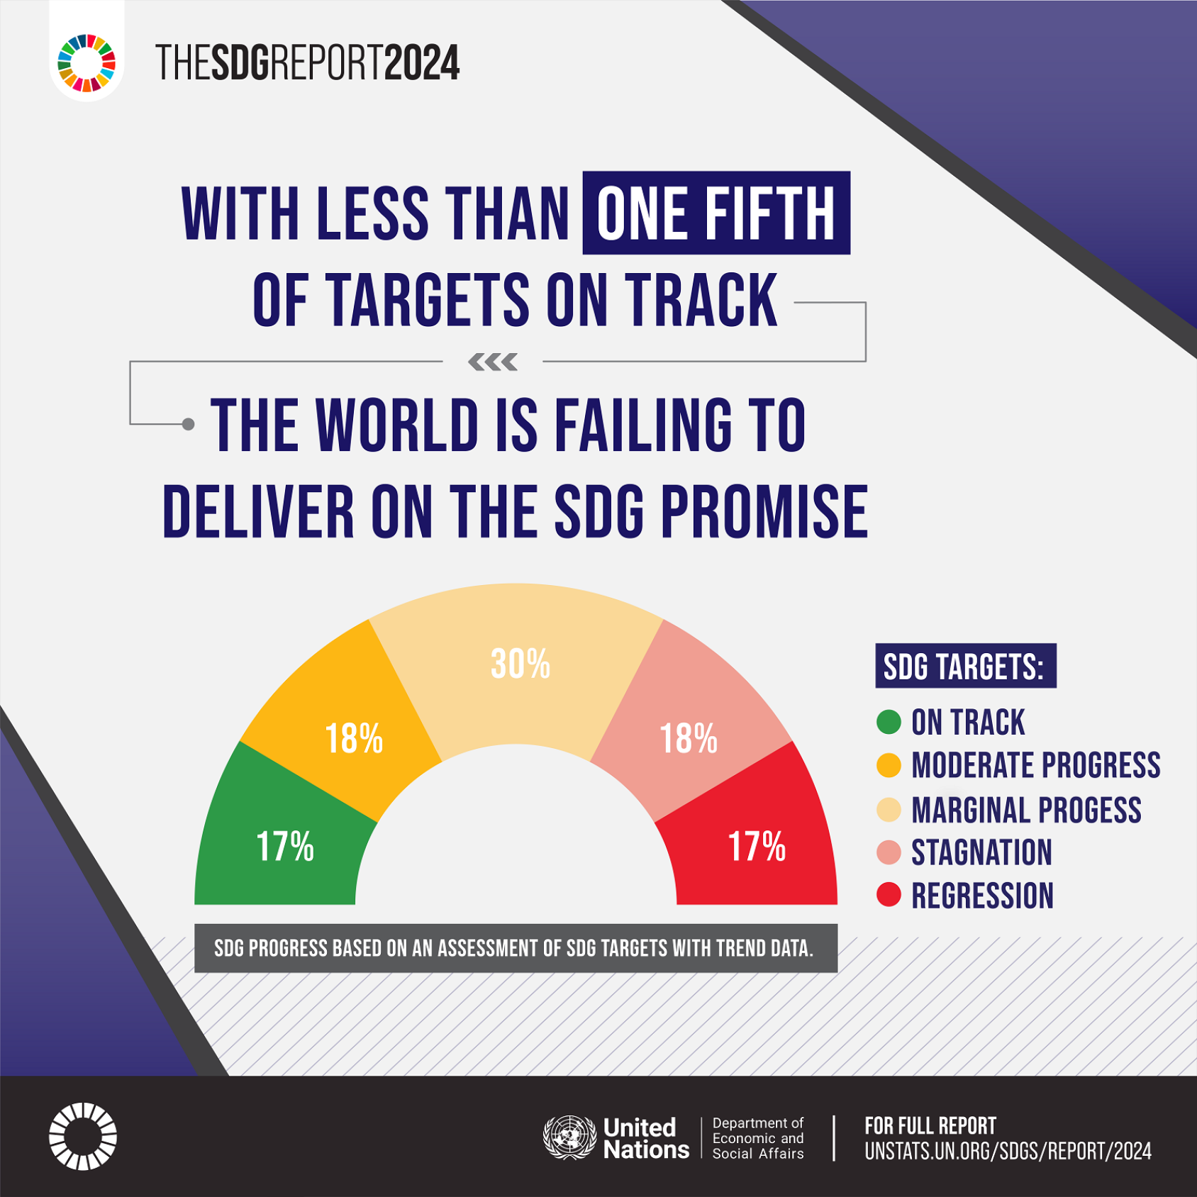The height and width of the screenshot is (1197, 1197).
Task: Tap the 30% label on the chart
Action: [x=520, y=664]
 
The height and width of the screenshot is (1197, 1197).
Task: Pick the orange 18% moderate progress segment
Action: [x=353, y=738]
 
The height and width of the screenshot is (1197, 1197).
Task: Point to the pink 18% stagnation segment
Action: [x=689, y=738]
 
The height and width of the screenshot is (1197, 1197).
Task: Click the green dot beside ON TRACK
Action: [x=889, y=722]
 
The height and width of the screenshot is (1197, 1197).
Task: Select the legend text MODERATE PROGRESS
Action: [x=1035, y=766]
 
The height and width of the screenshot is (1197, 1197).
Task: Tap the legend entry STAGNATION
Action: [x=981, y=852]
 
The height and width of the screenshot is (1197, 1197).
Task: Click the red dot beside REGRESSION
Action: [x=889, y=895]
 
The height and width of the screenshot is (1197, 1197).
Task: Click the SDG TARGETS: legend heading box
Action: [x=965, y=666]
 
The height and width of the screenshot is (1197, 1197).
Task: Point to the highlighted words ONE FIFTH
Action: [x=716, y=213]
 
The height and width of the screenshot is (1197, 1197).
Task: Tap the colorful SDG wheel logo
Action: [x=87, y=63]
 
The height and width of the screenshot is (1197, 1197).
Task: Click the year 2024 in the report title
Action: [x=422, y=63]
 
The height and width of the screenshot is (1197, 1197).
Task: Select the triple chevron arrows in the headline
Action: [x=493, y=362]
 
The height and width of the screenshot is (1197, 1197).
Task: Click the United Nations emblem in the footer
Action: [x=569, y=1137]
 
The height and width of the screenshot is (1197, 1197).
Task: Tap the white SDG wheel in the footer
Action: [x=83, y=1136]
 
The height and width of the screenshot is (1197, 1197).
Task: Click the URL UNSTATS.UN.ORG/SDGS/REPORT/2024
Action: [x=1008, y=1151]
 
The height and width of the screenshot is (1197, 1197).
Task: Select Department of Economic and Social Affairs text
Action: [x=757, y=1138]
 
